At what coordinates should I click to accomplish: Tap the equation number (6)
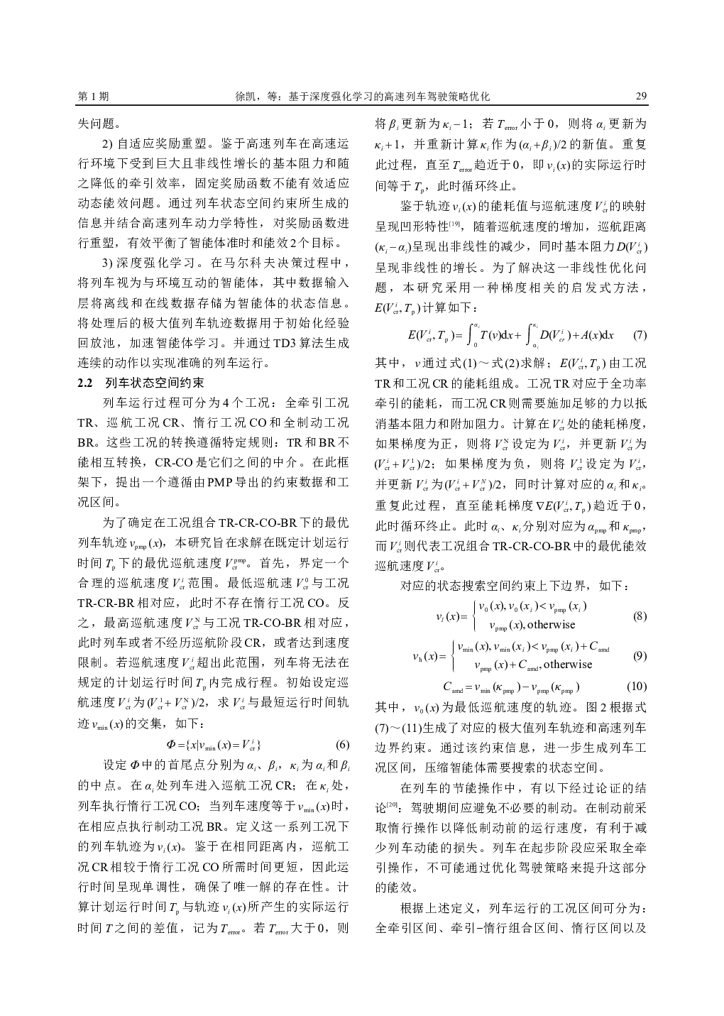tap(342, 745)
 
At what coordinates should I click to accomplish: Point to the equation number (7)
tap(639, 334)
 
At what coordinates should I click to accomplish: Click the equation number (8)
tap(639, 616)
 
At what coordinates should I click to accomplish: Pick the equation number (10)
tap(637, 687)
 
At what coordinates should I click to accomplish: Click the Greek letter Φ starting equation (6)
tap(170, 745)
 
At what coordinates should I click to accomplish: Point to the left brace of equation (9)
tap(453, 656)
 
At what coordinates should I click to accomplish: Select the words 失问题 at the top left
tap(99, 123)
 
